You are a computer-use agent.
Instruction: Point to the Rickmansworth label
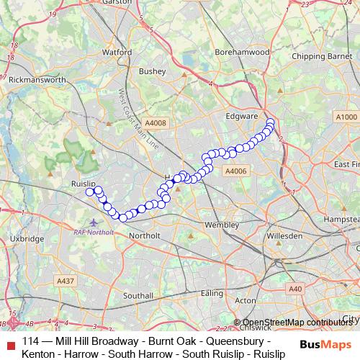[37, 81]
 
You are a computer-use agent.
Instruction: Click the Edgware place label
[242, 116]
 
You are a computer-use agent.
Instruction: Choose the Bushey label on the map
[152, 71]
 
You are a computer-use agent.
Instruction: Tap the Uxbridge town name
[27, 238]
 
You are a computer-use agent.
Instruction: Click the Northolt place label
[143, 236]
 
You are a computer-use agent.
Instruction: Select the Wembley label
[221, 225]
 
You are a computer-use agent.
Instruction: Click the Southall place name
[138, 296]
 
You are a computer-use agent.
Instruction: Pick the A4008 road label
[155, 123]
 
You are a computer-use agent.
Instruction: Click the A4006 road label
[236, 171]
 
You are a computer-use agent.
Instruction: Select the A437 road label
[65, 281]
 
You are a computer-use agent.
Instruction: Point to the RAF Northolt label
[94, 232]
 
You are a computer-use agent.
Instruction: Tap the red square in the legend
[9, 341]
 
